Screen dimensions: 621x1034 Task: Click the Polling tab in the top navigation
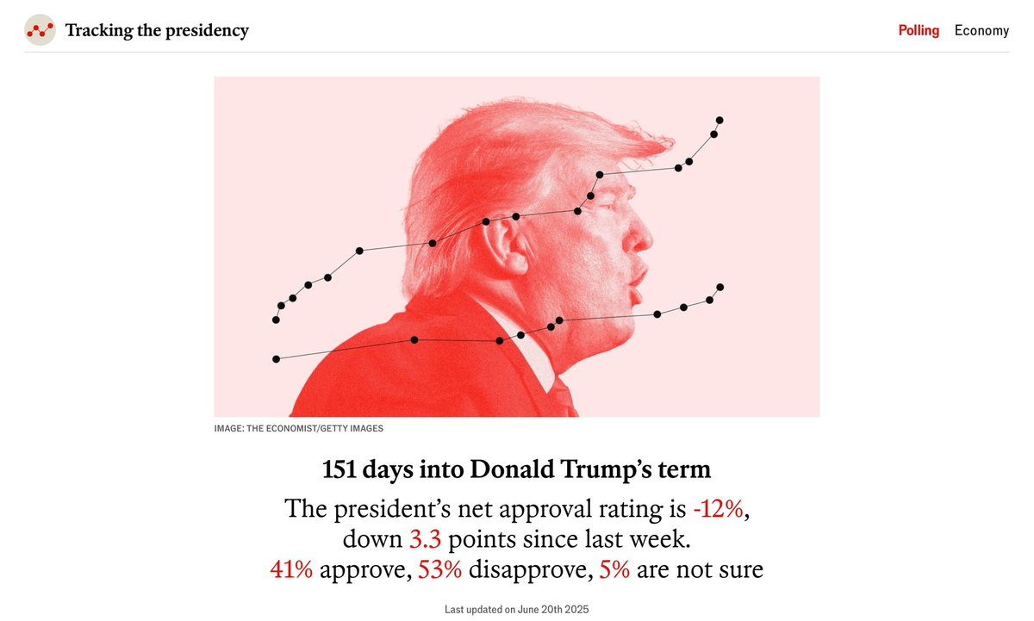(919, 30)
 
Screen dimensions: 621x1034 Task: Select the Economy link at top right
(981, 30)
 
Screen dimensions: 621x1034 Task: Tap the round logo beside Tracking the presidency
(40, 30)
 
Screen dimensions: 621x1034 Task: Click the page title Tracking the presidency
(157, 30)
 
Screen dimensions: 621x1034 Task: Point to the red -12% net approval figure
(718, 509)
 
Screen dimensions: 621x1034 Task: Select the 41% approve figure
(291, 569)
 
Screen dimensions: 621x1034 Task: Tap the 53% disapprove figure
(439, 569)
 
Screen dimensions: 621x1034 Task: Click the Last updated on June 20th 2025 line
(517, 609)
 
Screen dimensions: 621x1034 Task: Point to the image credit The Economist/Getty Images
(299, 428)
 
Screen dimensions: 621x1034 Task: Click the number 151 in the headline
(339, 470)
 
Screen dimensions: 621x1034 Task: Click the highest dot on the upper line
(719, 120)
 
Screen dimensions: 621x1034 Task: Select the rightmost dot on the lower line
(720, 287)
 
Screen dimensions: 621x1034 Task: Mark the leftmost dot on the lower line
(276, 358)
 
